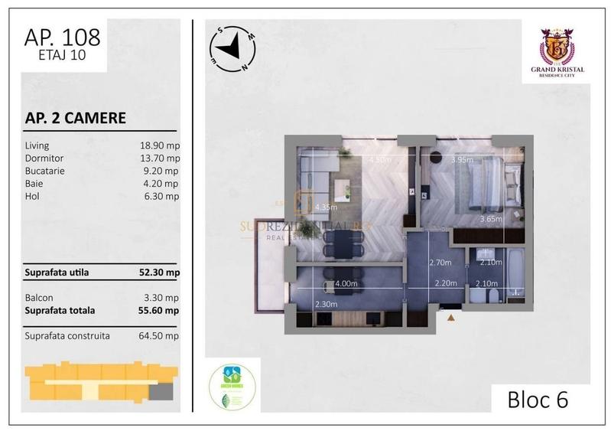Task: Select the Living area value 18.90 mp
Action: click(x=160, y=144)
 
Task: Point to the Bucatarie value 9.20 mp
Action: click(x=162, y=170)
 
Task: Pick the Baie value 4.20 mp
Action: click(x=162, y=183)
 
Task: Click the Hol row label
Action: click(x=31, y=196)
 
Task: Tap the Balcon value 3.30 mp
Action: click(x=162, y=297)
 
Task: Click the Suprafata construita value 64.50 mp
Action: click(x=160, y=335)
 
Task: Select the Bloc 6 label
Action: click(x=538, y=399)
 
